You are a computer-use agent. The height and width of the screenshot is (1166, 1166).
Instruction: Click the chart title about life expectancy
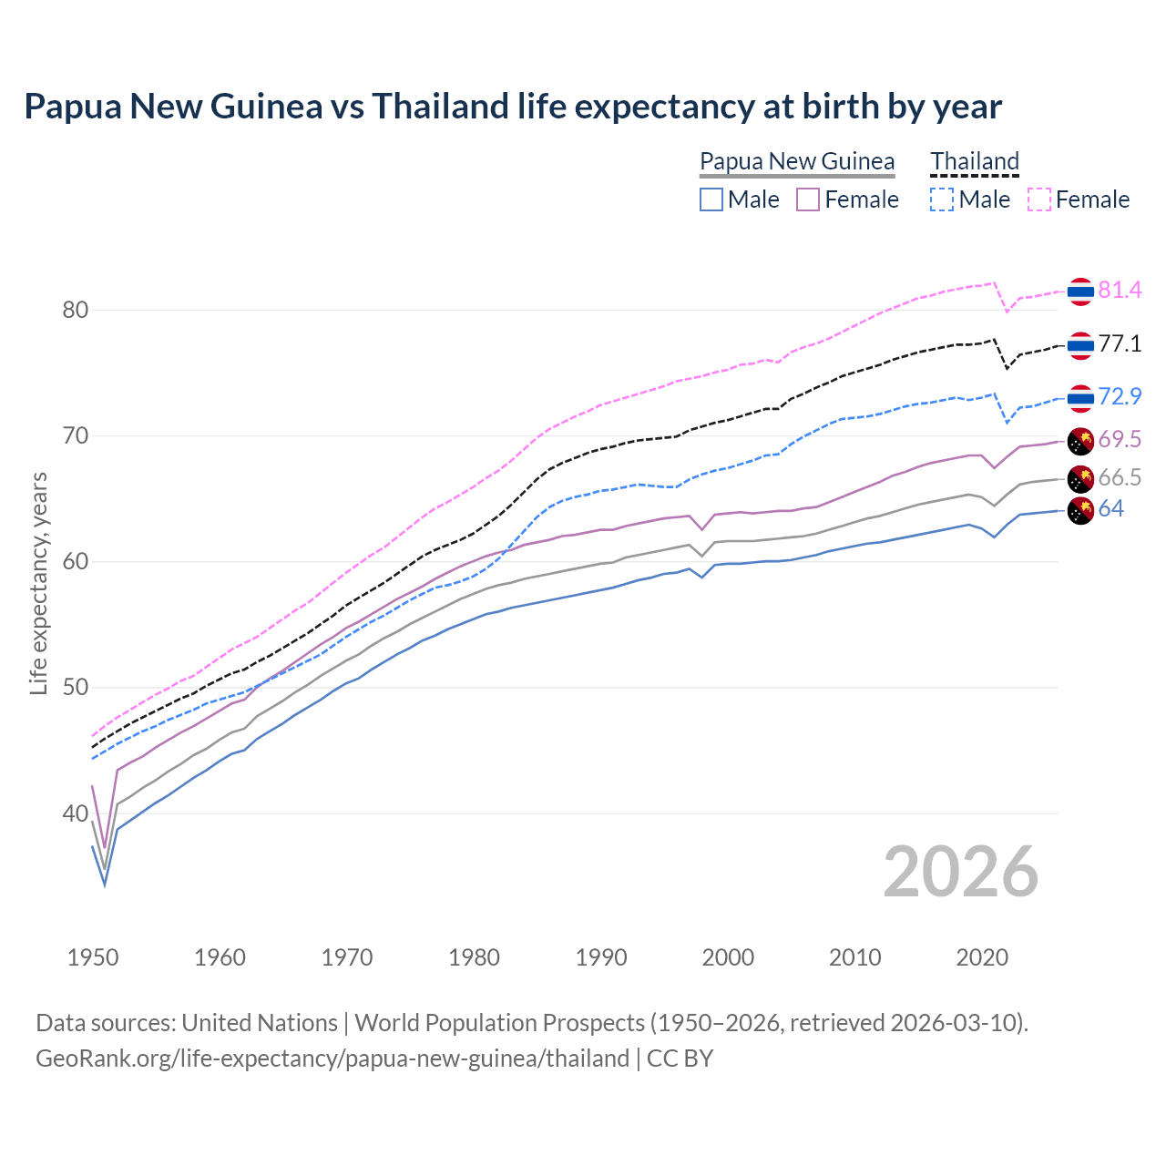[x=513, y=107]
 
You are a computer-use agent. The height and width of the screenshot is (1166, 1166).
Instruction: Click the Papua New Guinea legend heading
[x=797, y=161]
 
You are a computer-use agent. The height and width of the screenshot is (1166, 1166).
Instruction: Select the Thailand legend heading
[x=974, y=161]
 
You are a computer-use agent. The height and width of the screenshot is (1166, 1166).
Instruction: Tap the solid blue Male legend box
[x=711, y=199]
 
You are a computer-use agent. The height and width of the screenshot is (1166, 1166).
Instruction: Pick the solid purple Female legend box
[x=808, y=199]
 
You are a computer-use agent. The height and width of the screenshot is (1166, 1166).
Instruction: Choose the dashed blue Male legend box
[x=942, y=199]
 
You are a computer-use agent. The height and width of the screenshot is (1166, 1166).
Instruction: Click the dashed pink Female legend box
[x=1038, y=199]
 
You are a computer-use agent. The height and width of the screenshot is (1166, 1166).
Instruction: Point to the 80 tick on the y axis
[x=76, y=310]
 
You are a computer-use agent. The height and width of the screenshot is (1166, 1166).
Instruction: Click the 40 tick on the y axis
[x=76, y=813]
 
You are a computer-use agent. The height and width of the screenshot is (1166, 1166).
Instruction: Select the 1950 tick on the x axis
[x=93, y=957]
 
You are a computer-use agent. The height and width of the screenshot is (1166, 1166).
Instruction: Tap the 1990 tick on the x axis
[x=601, y=957]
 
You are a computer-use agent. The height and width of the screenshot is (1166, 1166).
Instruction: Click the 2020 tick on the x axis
[x=982, y=957]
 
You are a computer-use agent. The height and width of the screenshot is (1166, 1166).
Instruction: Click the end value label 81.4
[x=1120, y=291]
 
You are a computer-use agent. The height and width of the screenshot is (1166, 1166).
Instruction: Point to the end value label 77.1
[x=1120, y=344]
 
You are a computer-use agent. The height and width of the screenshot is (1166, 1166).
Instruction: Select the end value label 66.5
[x=1120, y=478]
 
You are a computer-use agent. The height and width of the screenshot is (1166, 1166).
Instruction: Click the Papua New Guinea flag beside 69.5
[x=1080, y=441]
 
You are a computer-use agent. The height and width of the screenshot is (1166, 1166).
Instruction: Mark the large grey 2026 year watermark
[x=961, y=872]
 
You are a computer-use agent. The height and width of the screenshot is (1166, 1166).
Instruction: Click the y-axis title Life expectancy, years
[x=38, y=583]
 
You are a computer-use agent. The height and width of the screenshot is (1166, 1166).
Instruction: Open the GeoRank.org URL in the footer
[x=332, y=1059]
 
